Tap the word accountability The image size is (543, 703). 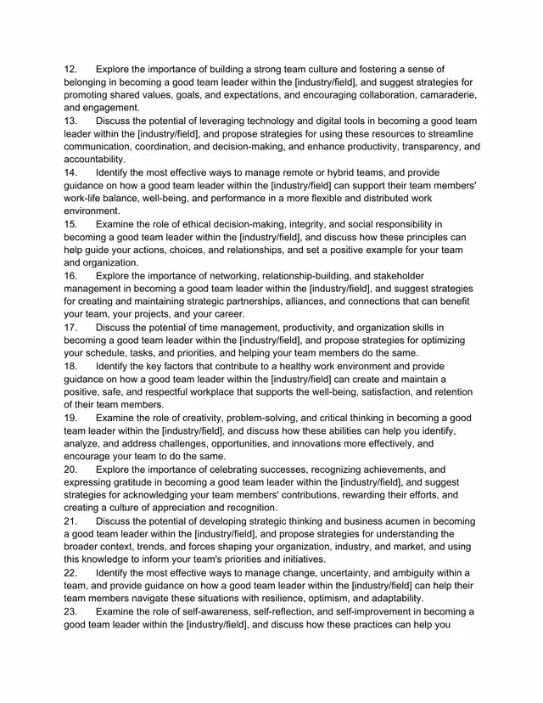pyautogui.click(x=94, y=160)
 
